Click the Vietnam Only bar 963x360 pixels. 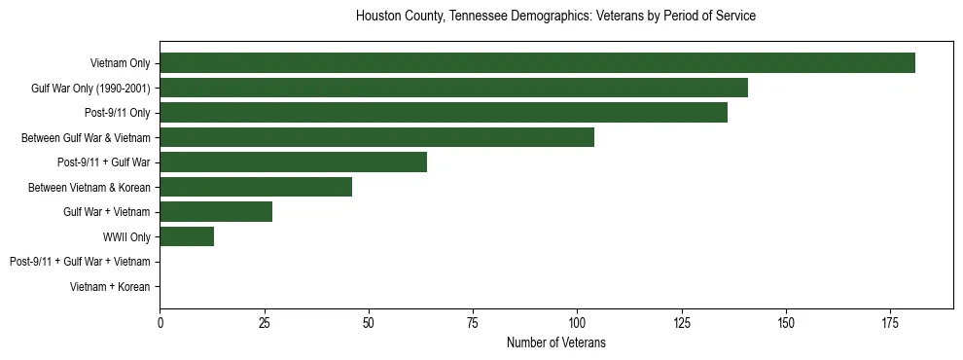(537, 63)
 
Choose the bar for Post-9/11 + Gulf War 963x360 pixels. (293, 162)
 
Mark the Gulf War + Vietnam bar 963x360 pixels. (216, 212)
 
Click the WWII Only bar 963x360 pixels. (187, 236)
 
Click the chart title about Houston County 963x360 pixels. (555, 17)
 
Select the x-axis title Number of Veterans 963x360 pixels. (555, 342)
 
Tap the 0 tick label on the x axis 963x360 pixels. (160, 322)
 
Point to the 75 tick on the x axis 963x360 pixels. (473, 322)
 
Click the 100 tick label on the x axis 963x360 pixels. (577, 322)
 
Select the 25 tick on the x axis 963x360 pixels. (264, 322)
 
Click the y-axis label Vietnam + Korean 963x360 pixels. (110, 287)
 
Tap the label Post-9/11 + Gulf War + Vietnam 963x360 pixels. (80, 262)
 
